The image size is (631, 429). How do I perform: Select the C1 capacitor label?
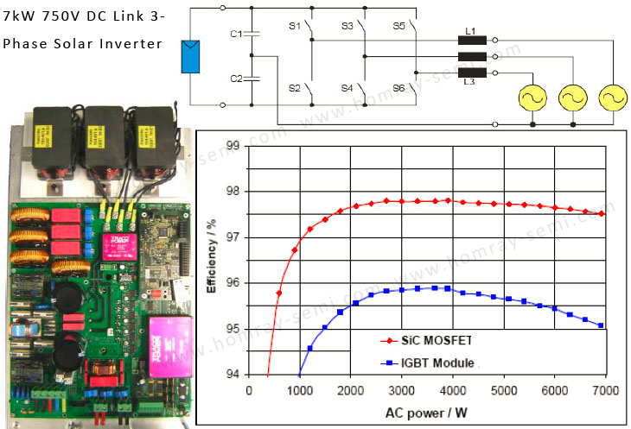click(x=235, y=34)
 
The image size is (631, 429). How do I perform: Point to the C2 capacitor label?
click(x=235, y=79)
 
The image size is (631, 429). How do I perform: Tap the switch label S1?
click(x=294, y=27)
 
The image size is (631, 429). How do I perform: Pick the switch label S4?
click(x=347, y=88)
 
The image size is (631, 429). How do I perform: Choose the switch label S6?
click(x=398, y=88)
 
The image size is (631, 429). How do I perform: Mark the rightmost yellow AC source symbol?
click(x=613, y=98)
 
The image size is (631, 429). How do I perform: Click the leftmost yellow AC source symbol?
click(x=531, y=98)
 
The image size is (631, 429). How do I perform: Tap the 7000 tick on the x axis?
click(x=604, y=390)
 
